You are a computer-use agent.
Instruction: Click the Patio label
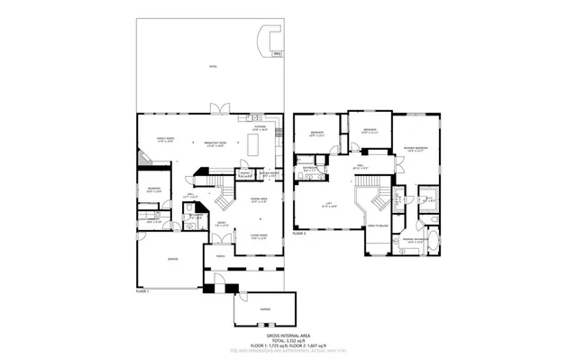[213, 67]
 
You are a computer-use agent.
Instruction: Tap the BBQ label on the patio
[278, 55]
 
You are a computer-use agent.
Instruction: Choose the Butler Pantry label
[269, 173]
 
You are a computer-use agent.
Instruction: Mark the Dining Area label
[260, 199]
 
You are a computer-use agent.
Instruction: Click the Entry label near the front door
[221, 224]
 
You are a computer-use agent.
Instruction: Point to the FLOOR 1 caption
[142, 292]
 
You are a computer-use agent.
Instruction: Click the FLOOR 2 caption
[300, 233]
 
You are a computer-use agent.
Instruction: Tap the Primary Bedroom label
[416, 148]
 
